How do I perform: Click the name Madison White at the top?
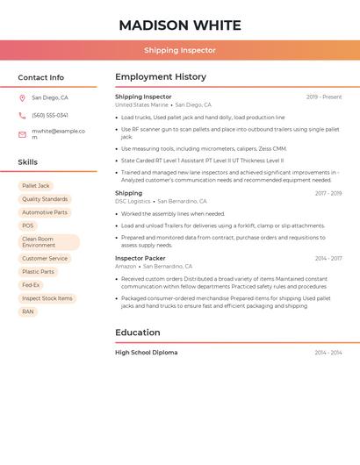(x=180, y=25)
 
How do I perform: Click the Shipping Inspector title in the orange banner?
(x=180, y=50)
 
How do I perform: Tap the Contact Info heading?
(x=40, y=77)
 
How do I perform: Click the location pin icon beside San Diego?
(x=22, y=98)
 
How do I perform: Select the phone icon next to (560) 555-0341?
(x=22, y=115)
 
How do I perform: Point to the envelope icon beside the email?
(x=22, y=134)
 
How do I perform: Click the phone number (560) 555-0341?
(x=50, y=115)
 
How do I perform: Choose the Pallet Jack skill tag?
(x=36, y=186)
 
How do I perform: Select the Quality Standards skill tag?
(x=45, y=199)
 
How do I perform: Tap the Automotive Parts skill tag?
(x=45, y=212)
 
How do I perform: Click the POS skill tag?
(x=28, y=225)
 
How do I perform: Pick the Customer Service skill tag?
(x=45, y=259)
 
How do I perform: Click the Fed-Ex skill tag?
(x=31, y=285)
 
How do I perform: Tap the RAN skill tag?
(x=28, y=311)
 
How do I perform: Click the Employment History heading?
(x=161, y=77)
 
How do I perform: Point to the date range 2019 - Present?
(x=324, y=97)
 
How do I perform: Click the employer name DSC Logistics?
(x=133, y=201)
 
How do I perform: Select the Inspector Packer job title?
(x=140, y=258)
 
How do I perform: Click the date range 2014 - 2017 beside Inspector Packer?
(x=328, y=258)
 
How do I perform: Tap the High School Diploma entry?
(x=147, y=352)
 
